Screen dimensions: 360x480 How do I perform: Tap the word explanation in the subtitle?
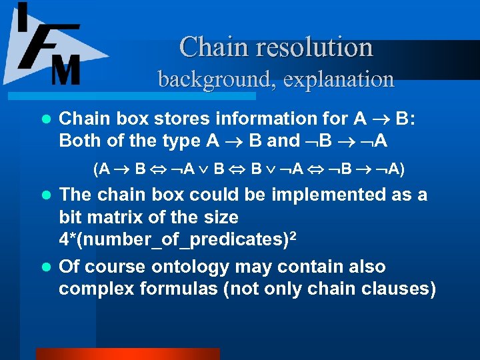coord(339,79)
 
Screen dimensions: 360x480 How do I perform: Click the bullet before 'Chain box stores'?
coord(45,119)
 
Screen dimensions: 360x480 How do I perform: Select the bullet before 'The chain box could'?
coord(45,196)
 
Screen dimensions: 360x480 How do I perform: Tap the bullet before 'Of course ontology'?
coord(45,268)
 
